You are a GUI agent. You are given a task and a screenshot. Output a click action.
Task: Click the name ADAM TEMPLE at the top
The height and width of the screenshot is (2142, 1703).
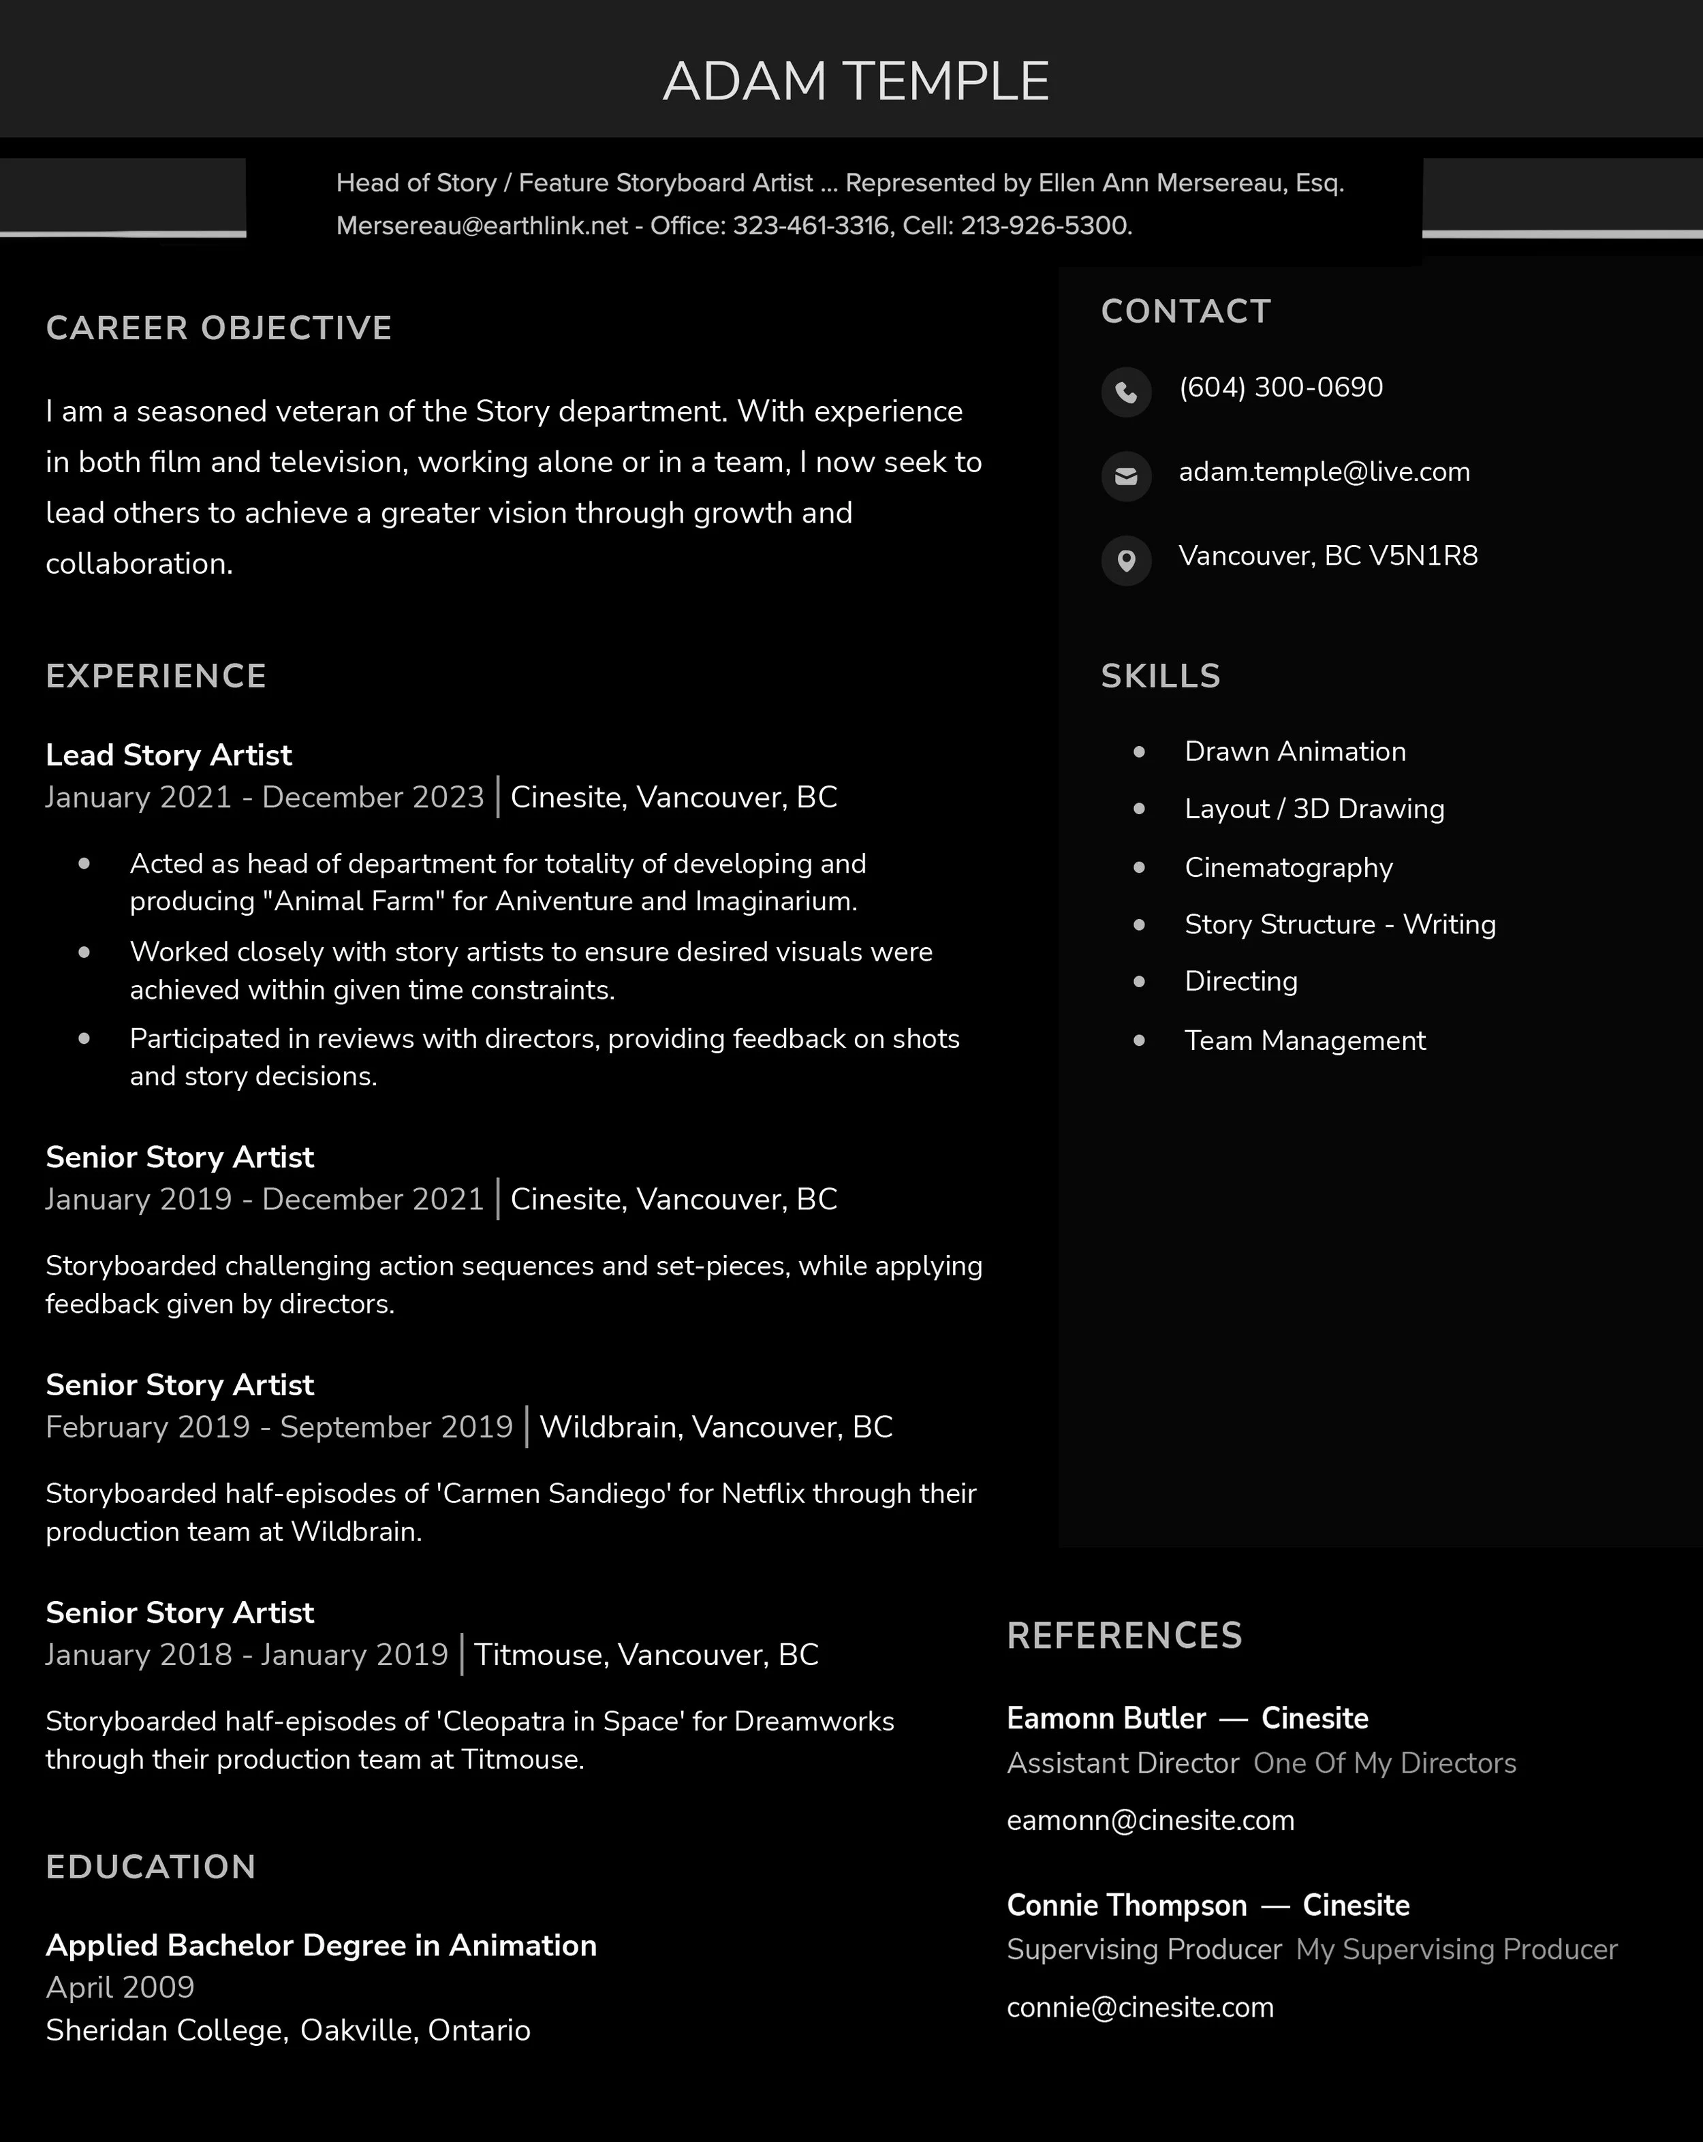pyautogui.click(x=856, y=82)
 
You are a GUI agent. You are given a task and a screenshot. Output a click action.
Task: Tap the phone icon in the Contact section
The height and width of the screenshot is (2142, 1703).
pyautogui.click(x=1126, y=392)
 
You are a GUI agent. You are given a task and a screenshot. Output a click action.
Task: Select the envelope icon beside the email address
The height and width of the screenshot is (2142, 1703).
pyautogui.click(x=1126, y=476)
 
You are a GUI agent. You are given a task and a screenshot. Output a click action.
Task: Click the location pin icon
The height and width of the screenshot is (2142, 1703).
pyautogui.click(x=1126, y=560)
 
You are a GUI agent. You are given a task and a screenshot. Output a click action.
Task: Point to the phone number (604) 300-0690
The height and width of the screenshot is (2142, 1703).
pyautogui.click(x=1281, y=388)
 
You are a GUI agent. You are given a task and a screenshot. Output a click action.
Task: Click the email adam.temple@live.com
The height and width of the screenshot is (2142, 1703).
pyautogui.click(x=1324, y=472)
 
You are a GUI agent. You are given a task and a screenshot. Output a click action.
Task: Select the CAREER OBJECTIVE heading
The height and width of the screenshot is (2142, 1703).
pyautogui.click(x=219, y=328)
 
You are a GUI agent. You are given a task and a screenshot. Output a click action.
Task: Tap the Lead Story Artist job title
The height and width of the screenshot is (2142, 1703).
pyautogui.click(x=169, y=755)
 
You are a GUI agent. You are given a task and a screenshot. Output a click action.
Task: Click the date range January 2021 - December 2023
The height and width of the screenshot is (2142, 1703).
pyautogui.click(x=264, y=798)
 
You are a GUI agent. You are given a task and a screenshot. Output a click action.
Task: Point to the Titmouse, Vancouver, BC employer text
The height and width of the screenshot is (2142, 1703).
pyautogui.click(x=646, y=1655)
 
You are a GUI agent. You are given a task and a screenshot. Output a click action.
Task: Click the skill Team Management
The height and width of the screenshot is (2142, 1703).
pyautogui.click(x=1304, y=1041)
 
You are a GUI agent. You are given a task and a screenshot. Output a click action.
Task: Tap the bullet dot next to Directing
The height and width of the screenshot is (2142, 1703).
pyautogui.click(x=1139, y=982)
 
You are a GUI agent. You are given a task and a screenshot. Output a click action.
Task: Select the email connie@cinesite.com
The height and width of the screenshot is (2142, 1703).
pyautogui.click(x=1140, y=2008)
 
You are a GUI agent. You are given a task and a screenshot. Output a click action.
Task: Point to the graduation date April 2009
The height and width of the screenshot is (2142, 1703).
pyautogui.click(x=120, y=1988)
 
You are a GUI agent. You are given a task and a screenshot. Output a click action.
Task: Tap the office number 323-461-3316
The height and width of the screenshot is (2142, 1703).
pyautogui.click(x=810, y=226)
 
